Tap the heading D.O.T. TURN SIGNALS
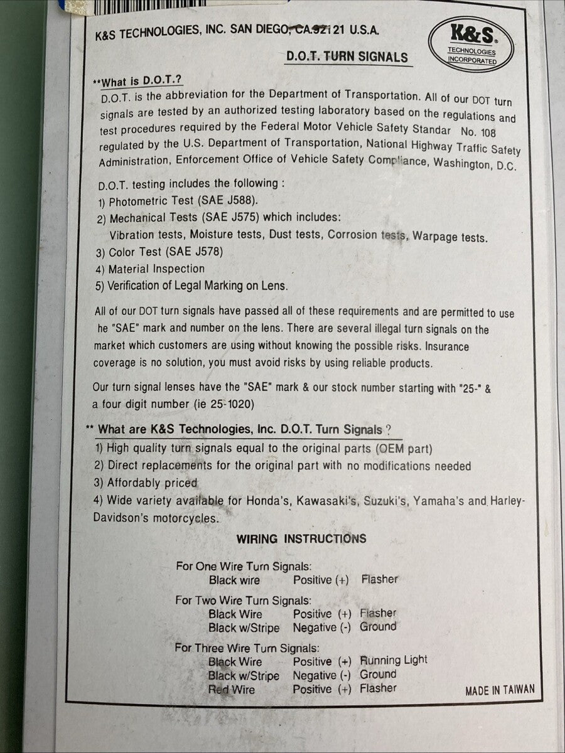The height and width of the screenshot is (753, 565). click(x=347, y=56)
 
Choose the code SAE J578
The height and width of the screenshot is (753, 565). click(x=195, y=252)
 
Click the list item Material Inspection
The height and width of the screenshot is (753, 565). click(x=156, y=269)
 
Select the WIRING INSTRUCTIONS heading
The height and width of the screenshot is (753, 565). click(x=301, y=539)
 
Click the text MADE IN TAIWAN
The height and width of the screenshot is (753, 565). click(x=500, y=690)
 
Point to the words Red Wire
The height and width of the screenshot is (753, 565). click(x=232, y=690)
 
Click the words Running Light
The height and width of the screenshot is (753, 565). click(x=394, y=660)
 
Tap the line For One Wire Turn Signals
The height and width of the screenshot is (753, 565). click(x=244, y=566)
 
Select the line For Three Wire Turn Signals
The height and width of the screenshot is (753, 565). click(x=247, y=648)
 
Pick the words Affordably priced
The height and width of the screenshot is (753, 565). click(x=152, y=483)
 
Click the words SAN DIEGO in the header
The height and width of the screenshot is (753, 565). click(x=259, y=29)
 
